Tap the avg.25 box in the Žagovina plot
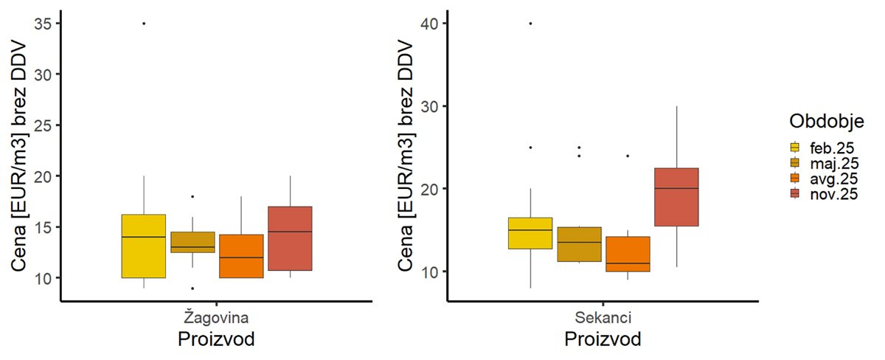[241, 256]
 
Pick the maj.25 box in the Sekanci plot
[579, 244]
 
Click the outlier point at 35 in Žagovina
[144, 24]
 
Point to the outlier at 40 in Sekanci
[530, 24]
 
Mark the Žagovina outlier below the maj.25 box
[192, 288]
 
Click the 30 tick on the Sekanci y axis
[430, 106]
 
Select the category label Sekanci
[603, 318]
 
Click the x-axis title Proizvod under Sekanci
[603, 340]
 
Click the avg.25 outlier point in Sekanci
[628, 156]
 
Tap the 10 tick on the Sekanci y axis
[430, 271]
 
